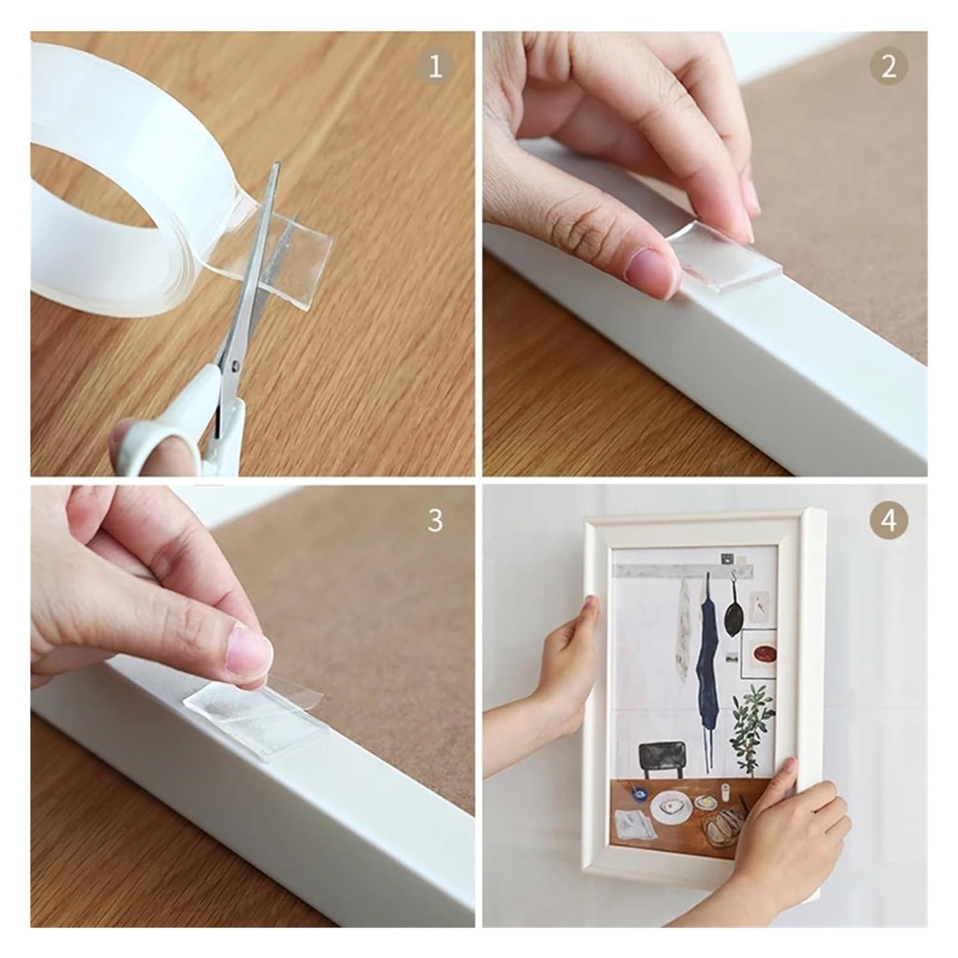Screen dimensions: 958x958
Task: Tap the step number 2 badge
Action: [x=888, y=66]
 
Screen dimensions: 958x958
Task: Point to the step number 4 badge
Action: [x=888, y=520]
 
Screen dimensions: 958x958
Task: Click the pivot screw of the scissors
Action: [x=235, y=367]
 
